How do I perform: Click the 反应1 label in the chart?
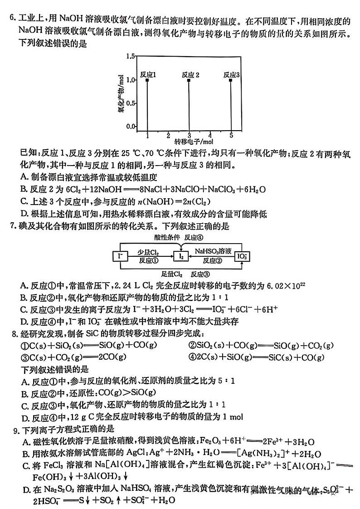[x=148, y=74]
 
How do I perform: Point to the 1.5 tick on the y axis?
[x=131, y=56]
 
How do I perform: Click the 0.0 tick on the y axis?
[x=131, y=126]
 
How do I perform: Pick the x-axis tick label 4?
[x=210, y=135]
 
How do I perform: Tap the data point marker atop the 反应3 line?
[x=231, y=80]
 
